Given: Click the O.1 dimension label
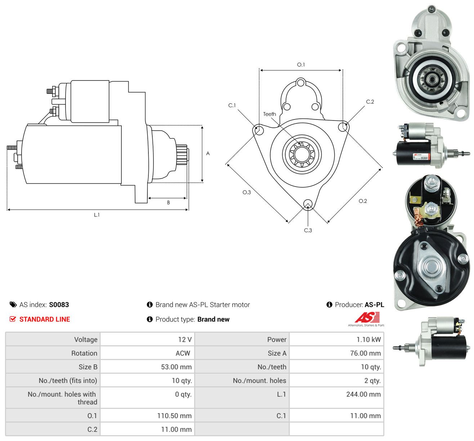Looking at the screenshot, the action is (x=301, y=65).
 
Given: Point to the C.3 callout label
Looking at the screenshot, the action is (x=308, y=230).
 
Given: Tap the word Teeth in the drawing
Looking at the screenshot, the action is (x=269, y=114).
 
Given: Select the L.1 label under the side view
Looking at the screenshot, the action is (x=97, y=215).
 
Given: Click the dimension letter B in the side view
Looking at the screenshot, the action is (x=168, y=202).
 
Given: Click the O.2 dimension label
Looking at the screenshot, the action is (x=363, y=201).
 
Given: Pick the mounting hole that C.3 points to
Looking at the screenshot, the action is (x=308, y=204).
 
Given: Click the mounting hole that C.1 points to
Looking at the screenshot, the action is (x=259, y=130).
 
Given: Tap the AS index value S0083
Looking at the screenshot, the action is (x=59, y=305).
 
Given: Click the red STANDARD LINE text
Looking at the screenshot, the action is (x=45, y=319).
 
